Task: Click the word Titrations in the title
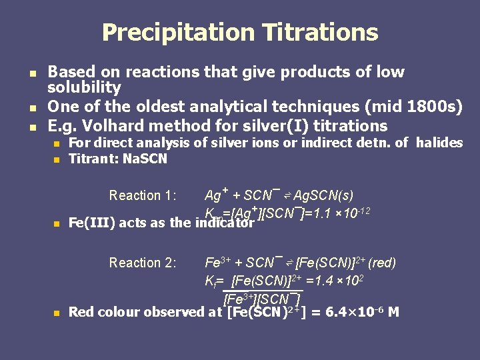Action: pos(319,32)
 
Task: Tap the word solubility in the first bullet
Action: pos(84,87)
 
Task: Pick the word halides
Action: pos(439,143)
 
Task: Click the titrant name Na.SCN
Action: pos(145,159)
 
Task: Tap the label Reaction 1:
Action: pos(143,195)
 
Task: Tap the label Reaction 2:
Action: pos(143,263)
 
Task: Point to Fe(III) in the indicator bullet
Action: pos(92,223)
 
